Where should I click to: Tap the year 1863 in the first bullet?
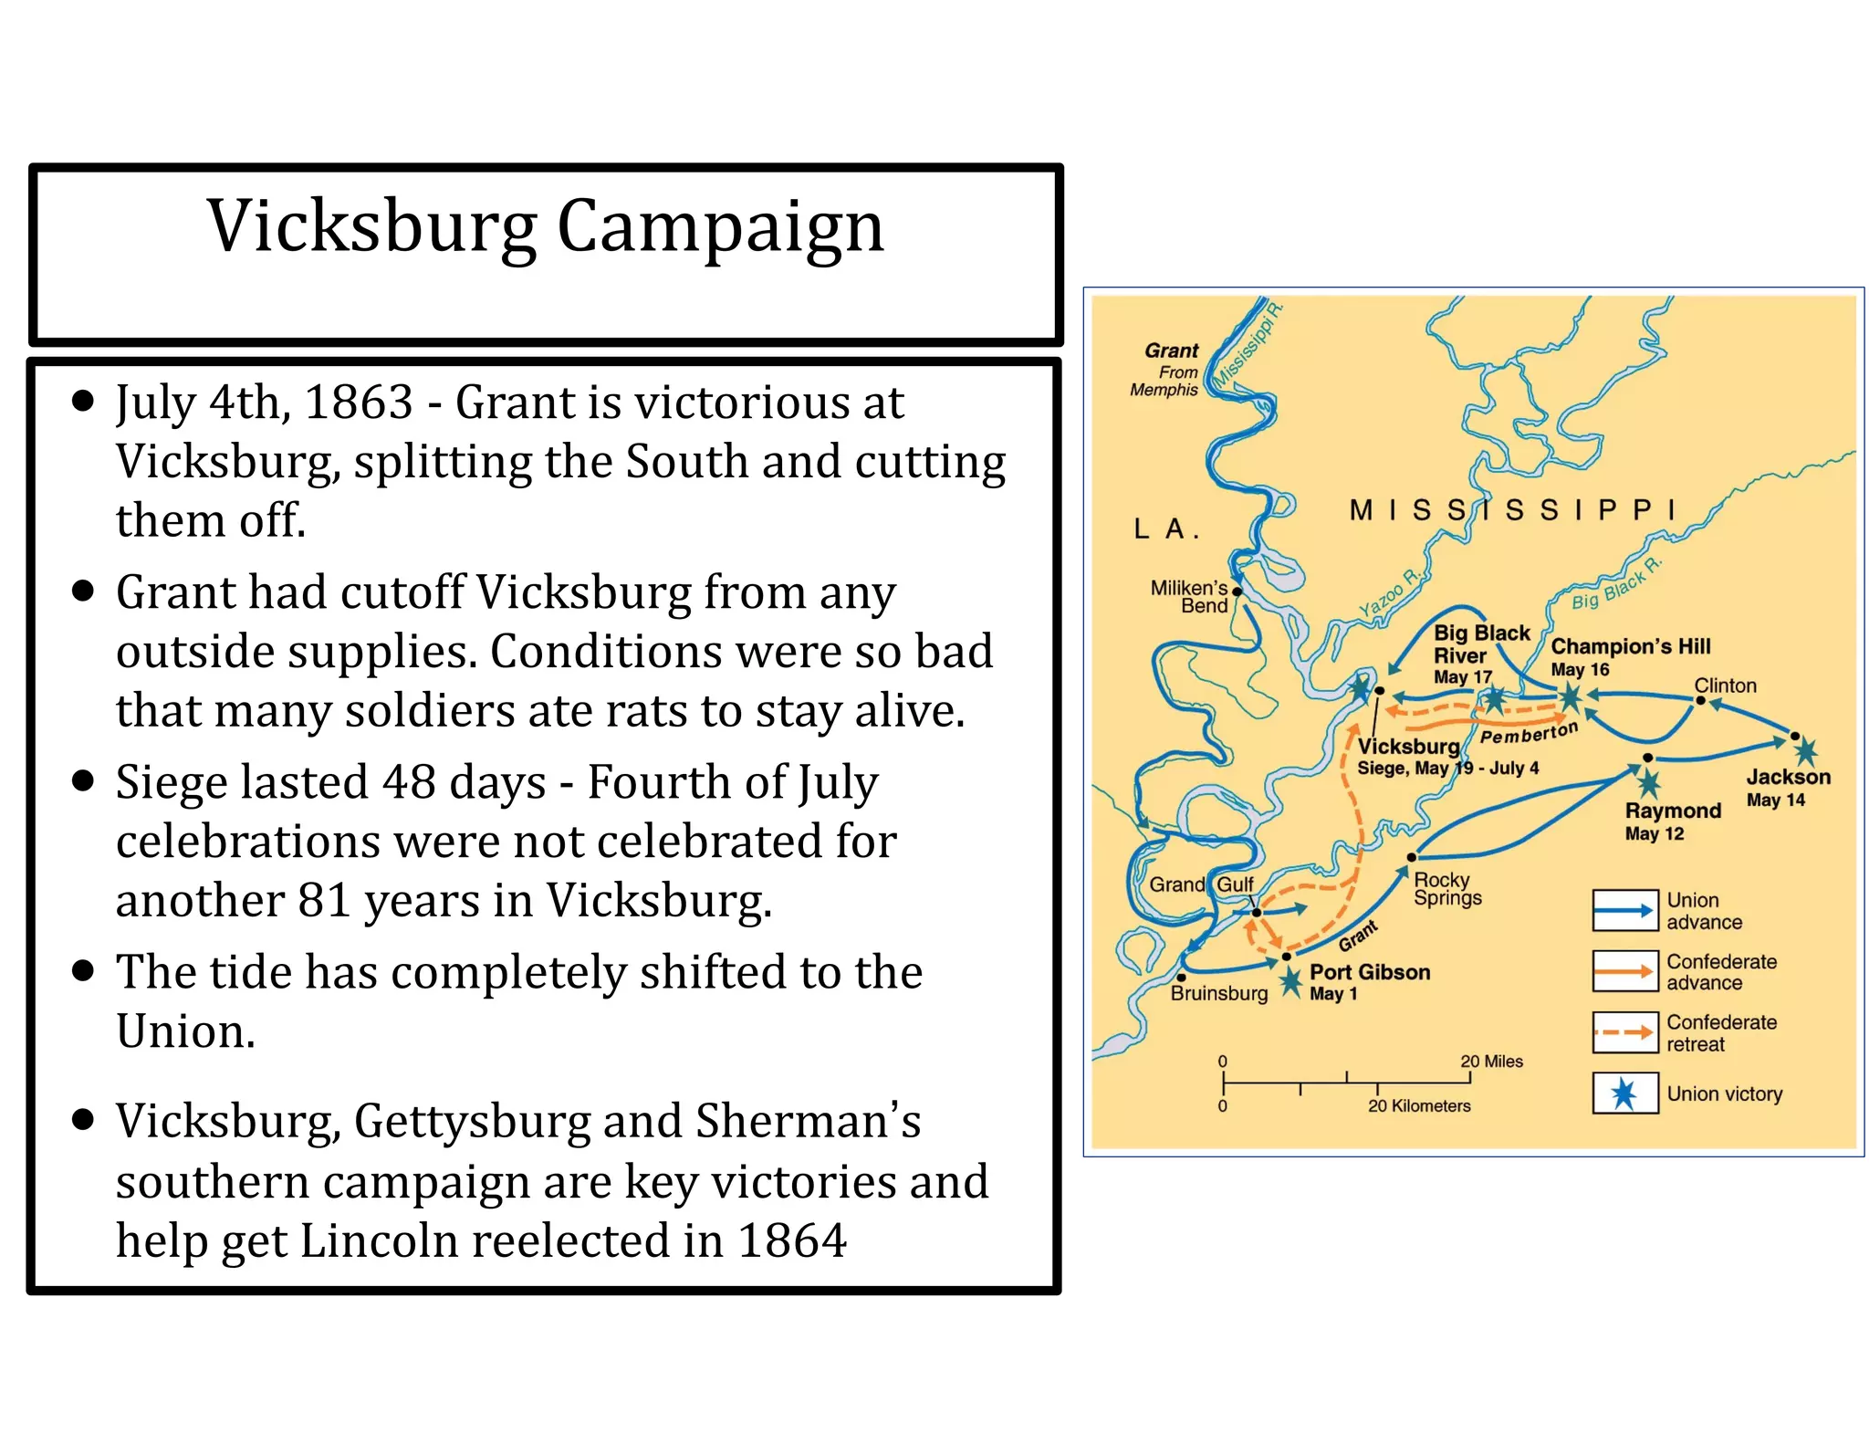click(x=358, y=403)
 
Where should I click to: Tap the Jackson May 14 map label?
click(x=1787, y=788)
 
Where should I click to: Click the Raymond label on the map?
click(x=1672, y=811)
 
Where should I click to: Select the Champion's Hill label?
click(x=1630, y=646)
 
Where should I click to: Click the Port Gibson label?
click(x=1369, y=972)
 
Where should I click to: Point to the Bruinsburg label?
click(x=1218, y=993)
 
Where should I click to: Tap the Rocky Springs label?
click(x=1446, y=888)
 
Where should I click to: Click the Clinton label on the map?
click(x=1724, y=685)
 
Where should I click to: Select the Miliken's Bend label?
click(x=1189, y=596)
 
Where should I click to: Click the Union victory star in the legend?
click(x=1624, y=1093)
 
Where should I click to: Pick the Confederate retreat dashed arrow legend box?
click(x=1624, y=1032)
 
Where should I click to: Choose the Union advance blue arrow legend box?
click(x=1624, y=910)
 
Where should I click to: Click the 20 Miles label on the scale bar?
click(x=1491, y=1062)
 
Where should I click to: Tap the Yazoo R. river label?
click(x=1388, y=594)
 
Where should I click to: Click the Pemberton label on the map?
click(x=1528, y=734)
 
